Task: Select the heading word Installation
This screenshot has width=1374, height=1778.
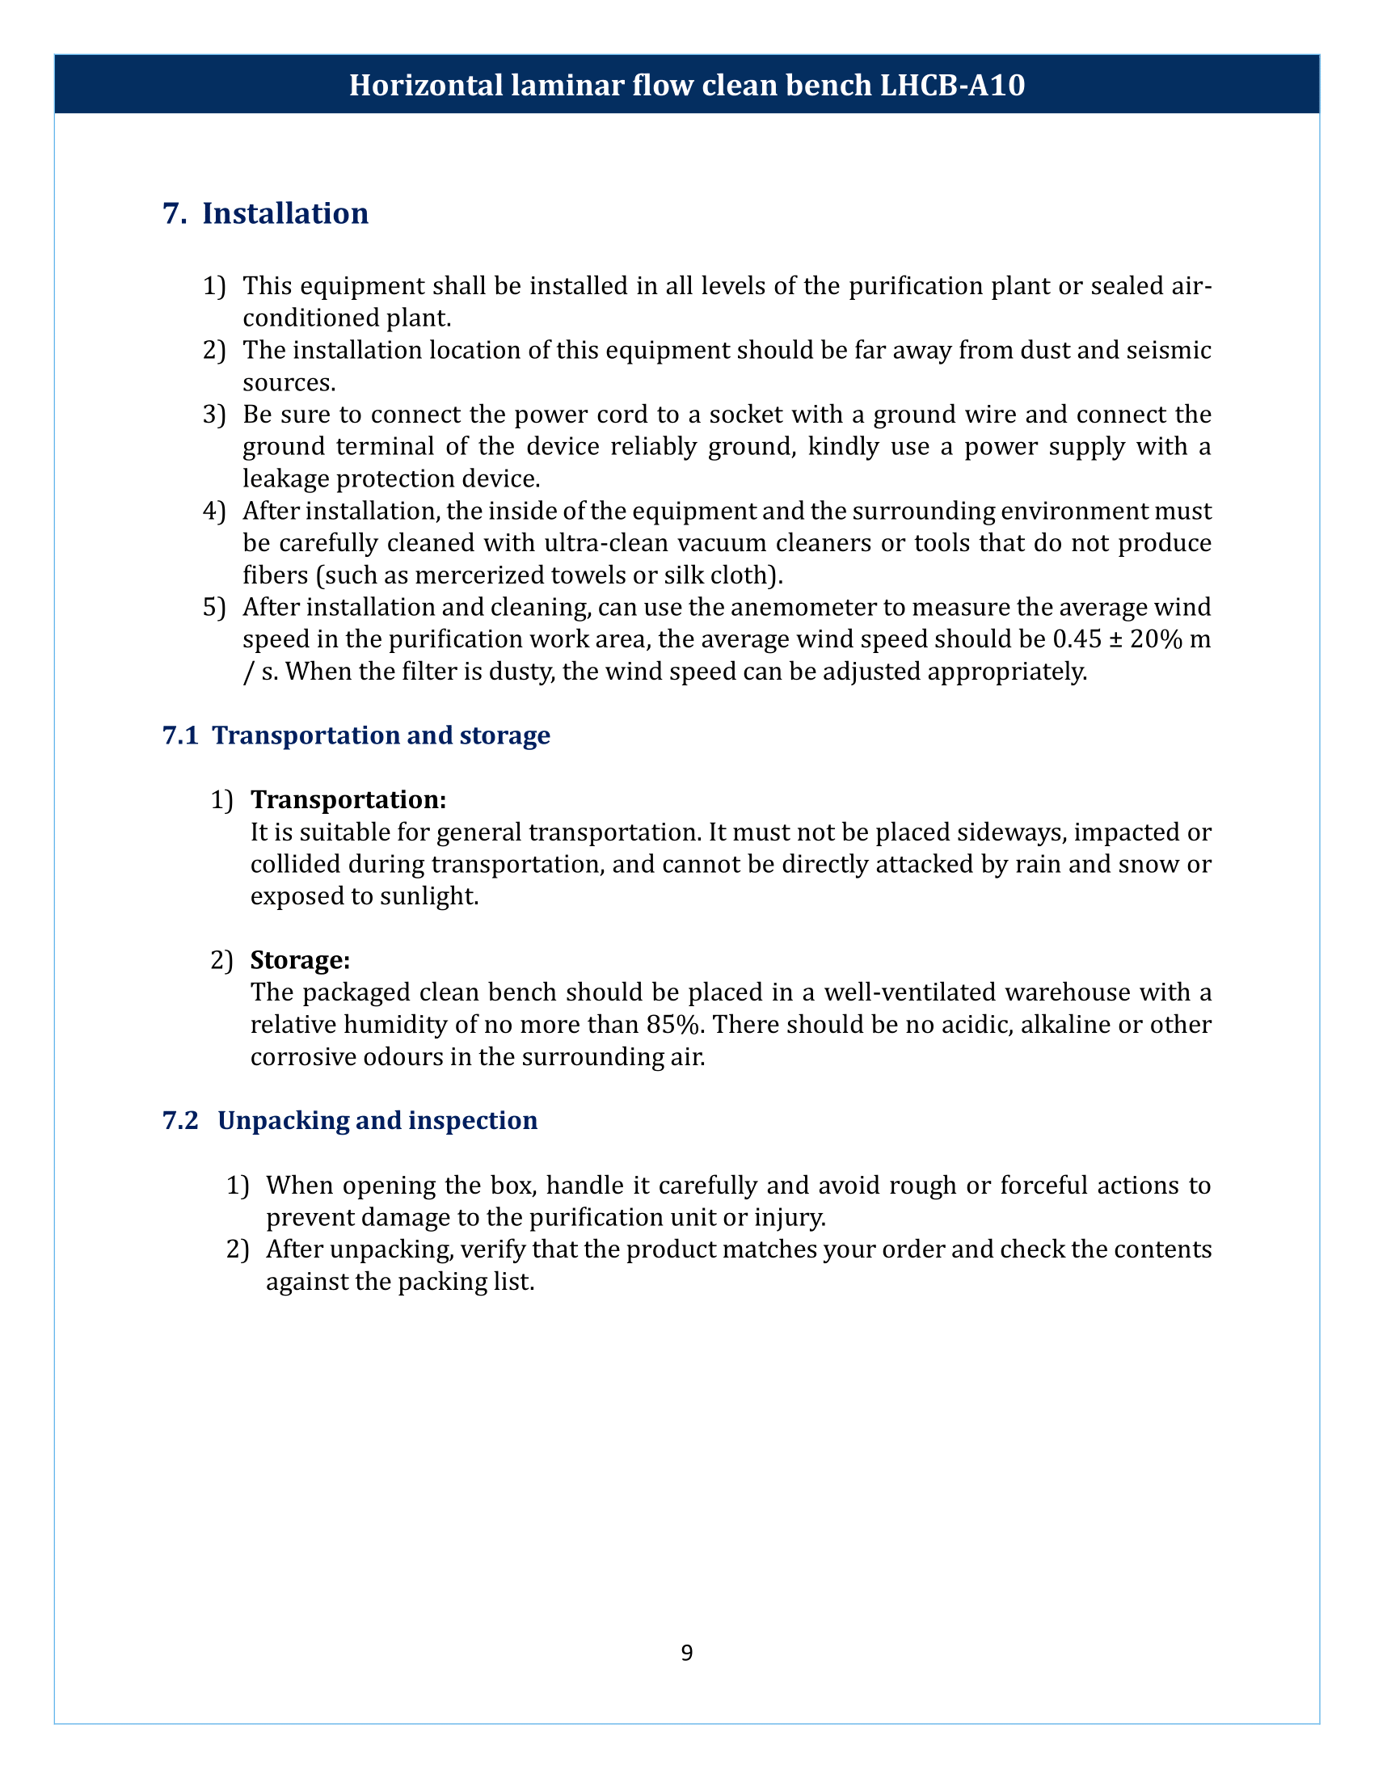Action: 284,213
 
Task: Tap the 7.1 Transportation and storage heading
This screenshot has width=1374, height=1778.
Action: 356,735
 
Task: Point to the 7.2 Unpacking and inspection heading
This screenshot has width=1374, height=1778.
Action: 350,1120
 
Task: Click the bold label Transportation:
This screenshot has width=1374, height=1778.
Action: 348,799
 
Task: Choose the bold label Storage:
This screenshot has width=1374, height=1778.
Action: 301,961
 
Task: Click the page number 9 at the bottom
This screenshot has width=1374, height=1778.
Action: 686,1653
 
